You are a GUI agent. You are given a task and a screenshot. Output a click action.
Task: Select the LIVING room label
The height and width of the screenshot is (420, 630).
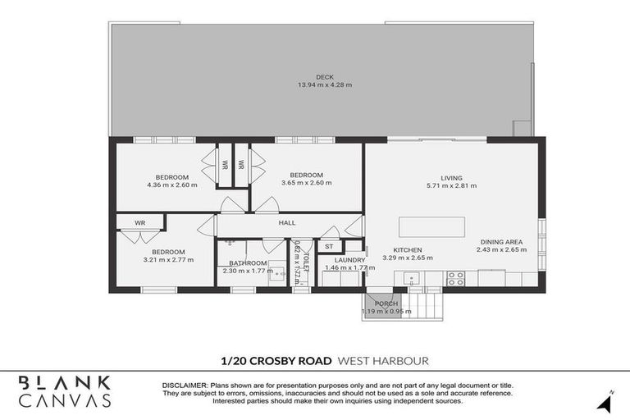pyautogui.click(x=451, y=178)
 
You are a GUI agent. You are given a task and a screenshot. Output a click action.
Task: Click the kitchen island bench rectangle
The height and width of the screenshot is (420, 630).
pyautogui.click(x=431, y=227)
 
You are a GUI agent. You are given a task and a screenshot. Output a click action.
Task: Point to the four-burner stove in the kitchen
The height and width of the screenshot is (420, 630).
pyautogui.click(x=455, y=278)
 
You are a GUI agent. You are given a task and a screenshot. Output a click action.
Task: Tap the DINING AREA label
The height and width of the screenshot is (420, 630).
pyautogui.click(x=500, y=242)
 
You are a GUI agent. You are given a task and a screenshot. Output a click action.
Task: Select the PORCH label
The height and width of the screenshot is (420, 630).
pyautogui.click(x=386, y=303)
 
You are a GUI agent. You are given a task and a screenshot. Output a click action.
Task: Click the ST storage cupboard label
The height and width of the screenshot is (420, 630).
pyautogui.click(x=329, y=246)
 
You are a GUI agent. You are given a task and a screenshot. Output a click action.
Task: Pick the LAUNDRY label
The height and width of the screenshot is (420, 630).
pyautogui.click(x=349, y=260)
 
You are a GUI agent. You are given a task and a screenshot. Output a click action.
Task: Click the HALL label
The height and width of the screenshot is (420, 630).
pyautogui.click(x=287, y=222)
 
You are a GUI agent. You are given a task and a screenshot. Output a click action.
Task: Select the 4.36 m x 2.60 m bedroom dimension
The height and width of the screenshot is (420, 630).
pyautogui.click(x=172, y=185)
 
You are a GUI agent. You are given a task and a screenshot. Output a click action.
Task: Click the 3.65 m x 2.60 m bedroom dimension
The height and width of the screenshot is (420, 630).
pyautogui.click(x=306, y=183)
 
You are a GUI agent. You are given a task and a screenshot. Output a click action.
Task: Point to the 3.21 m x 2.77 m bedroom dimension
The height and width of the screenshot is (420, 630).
pyautogui.click(x=167, y=260)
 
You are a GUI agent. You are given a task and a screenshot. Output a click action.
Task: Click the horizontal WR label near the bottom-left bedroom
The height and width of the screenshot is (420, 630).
pyautogui.click(x=139, y=222)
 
